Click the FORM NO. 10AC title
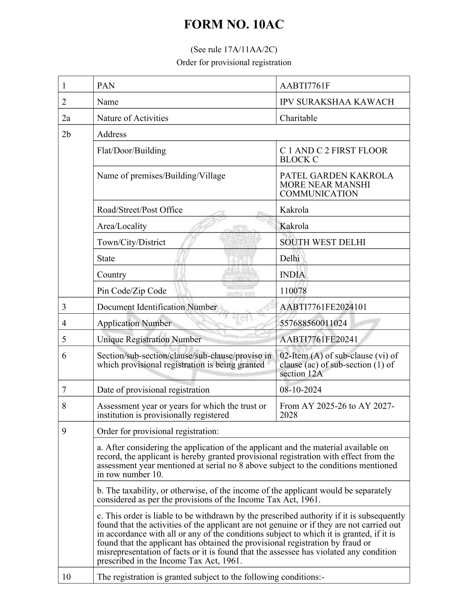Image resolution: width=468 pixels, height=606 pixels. coord(233,25)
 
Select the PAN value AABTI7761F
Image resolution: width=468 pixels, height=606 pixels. coord(305,86)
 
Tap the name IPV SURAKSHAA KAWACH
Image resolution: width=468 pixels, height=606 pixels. coord(337,102)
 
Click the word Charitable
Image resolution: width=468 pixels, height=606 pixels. coord(298,118)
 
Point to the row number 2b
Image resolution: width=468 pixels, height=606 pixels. coord(66,134)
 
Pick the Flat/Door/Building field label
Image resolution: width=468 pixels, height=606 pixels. coord(131,151)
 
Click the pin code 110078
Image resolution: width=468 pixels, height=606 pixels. coord(293,291)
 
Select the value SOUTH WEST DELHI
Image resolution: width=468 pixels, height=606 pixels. coord(322,242)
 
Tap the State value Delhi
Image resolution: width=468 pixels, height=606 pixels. coord(289,259)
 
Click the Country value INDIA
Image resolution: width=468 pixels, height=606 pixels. coord(292,275)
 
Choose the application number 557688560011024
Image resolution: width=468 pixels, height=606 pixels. coord(313,323)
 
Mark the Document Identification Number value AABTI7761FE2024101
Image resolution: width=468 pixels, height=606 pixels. coord(323,307)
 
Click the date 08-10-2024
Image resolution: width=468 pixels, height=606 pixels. coord(300,390)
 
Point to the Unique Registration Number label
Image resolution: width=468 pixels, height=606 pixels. coord(149,339)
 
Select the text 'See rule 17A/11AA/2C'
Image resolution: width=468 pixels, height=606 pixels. coord(233,49)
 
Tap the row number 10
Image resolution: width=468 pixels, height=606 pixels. coord(66,577)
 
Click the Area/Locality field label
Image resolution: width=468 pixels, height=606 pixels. coord(121,226)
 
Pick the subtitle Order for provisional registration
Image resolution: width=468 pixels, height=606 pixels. coord(233,62)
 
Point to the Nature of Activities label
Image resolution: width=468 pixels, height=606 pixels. coord(133,118)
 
